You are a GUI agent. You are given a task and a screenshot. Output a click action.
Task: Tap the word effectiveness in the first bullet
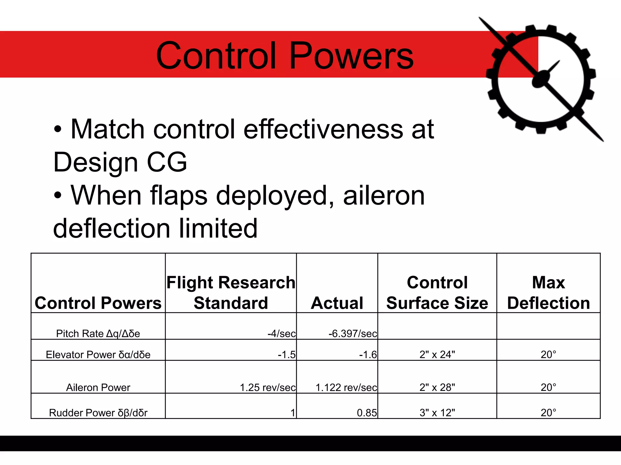coord(323,130)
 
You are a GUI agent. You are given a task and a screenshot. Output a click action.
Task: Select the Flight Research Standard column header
coord(231,293)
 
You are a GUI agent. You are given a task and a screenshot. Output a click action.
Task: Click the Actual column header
coord(337,303)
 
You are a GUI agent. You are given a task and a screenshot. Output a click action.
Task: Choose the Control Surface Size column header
coord(437,293)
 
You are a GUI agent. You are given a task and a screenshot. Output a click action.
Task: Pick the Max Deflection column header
coord(548,293)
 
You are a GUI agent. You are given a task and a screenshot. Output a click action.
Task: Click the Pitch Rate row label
coord(98,334)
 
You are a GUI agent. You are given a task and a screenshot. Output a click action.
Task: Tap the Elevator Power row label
coord(98,355)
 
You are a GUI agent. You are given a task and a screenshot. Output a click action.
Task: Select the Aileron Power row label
coord(98,387)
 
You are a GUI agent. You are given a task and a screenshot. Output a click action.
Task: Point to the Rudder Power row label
coord(98,413)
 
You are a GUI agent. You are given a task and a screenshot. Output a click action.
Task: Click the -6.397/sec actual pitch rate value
coord(353,334)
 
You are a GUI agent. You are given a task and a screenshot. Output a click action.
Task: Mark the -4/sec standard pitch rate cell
coord(281,334)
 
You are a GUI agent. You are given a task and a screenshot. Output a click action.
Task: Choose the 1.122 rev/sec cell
coord(346,387)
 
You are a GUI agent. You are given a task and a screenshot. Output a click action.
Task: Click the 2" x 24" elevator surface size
coord(437,355)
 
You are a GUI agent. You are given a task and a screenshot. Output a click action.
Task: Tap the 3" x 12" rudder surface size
coord(437,413)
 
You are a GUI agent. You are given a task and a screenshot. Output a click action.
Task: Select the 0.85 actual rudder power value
coord(367,413)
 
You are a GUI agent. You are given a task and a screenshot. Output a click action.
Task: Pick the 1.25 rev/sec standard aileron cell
coord(267,387)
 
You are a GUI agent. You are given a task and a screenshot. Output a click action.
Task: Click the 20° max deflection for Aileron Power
coord(548,387)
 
